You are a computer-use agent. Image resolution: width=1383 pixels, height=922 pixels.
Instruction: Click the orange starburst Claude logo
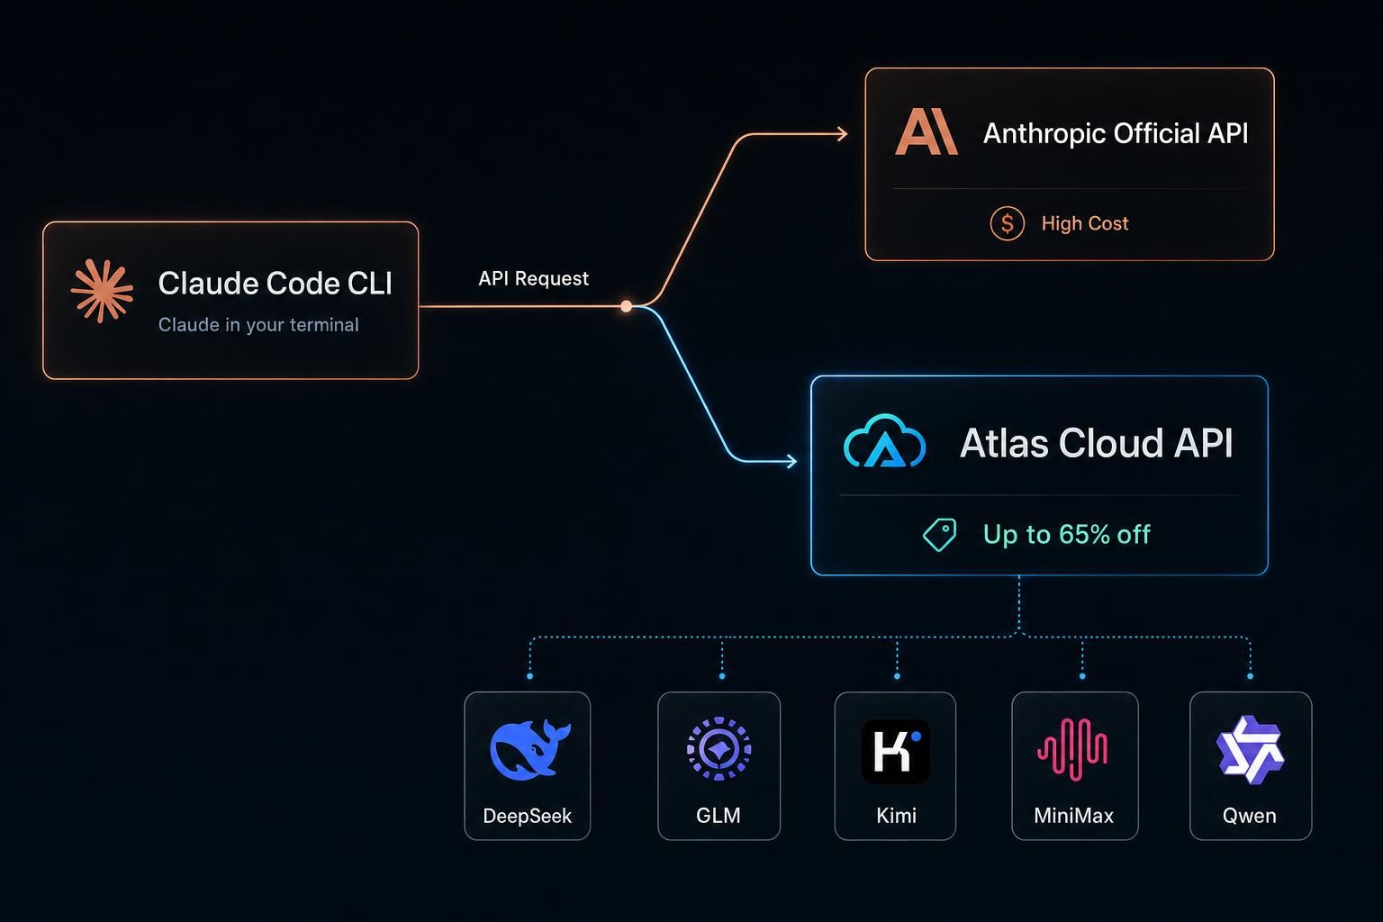(102, 291)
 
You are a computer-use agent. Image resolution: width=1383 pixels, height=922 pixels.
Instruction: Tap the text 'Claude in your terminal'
(258, 325)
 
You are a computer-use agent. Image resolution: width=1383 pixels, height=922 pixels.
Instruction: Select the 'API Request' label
(533, 278)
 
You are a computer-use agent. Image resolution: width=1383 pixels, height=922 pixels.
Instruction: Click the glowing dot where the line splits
(626, 306)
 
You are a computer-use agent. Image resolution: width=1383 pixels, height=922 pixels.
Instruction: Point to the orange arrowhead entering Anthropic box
(842, 133)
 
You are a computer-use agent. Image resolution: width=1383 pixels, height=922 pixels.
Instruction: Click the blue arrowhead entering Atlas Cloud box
(791, 461)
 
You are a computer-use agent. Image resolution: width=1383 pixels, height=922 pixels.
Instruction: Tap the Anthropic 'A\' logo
(927, 131)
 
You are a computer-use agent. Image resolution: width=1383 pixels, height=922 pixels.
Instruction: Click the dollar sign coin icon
(1007, 223)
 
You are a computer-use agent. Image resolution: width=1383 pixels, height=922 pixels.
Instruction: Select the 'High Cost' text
(1085, 223)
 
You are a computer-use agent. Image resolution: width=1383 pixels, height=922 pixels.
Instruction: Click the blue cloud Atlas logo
(884, 440)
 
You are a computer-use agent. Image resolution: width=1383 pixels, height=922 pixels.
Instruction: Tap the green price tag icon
(940, 534)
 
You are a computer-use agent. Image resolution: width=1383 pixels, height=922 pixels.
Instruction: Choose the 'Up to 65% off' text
(1066, 534)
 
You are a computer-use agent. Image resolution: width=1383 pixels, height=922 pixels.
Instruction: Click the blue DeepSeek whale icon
(529, 750)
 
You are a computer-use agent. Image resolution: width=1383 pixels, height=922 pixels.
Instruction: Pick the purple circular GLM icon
(719, 748)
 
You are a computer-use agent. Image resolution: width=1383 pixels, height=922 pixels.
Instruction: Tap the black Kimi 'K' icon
(895, 751)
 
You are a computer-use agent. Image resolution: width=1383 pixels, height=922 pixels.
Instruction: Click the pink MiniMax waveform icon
(1072, 750)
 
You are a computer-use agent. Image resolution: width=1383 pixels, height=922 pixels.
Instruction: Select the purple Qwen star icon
(1251, 750)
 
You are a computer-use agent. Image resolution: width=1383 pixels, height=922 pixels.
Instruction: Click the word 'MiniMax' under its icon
(1073, 816)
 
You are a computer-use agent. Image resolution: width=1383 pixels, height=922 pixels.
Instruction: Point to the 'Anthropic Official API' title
(1115, 133)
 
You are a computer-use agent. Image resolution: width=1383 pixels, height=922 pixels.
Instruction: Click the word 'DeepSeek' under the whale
(528, 816)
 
